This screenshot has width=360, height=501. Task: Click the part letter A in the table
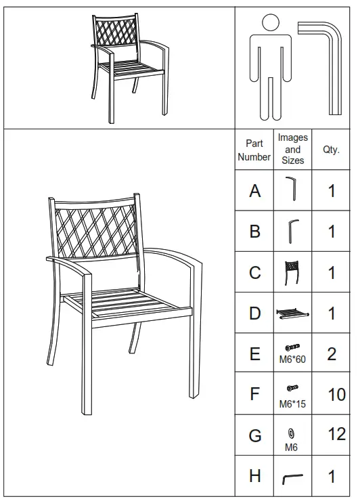pos(254,191)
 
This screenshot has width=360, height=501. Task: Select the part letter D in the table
pos(254,313)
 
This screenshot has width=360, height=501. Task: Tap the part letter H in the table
pos(254,477)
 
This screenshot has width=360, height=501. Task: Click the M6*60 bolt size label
pos(292,360)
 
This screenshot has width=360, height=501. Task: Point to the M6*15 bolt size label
pos(292,404)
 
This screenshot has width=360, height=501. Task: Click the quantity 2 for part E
pos(332,354)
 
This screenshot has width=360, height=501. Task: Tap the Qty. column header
pos(331,150)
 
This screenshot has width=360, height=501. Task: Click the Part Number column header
pos(254,150)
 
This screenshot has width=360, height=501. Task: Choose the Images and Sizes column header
pos(292,150)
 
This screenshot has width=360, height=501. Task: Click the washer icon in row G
pos(292,433)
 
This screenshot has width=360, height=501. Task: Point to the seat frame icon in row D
pos(292,313)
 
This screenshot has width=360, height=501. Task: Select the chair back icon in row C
pos(292,271)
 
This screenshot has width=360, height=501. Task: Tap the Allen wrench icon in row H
pos(292,478)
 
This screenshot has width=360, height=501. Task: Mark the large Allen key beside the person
pos(324,61)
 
